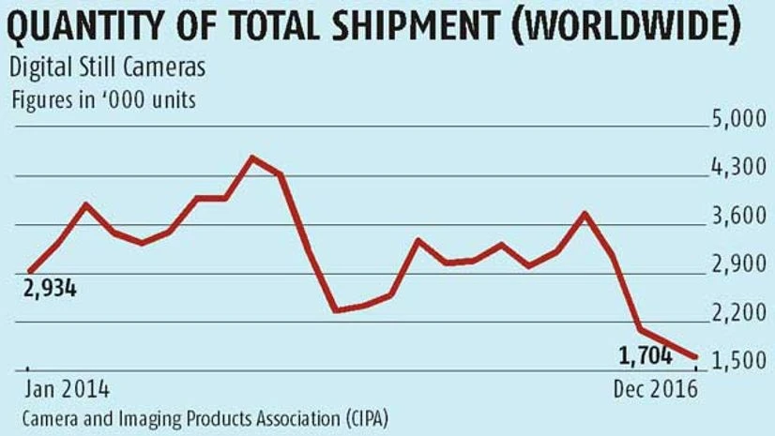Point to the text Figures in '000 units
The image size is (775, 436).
point(102,98)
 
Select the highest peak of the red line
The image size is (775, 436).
point(251,158)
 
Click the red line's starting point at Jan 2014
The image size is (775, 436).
point(29,272)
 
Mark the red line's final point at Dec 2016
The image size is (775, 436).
point(694,357)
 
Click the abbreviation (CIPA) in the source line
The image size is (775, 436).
point(357,415)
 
